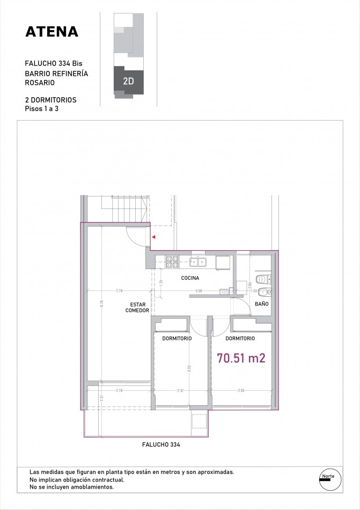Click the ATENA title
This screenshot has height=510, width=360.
point(52,32)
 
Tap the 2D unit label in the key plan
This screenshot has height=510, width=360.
point(128,82)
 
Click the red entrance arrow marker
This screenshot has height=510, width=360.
point(153,236)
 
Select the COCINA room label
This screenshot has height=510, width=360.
point(190,278)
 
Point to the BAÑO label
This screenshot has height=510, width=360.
point(262,304)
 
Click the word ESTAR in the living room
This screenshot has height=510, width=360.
point(137,304)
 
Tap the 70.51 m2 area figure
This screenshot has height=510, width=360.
point(241,358)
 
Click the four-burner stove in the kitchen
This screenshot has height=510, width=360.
point(172,261)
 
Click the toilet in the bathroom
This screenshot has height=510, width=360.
point(262,279)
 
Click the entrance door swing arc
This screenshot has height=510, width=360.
point(135,236)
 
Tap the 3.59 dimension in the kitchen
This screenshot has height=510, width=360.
point(199,291)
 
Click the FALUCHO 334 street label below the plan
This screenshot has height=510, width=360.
point(161,445)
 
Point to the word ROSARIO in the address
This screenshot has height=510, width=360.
point(40,83)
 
